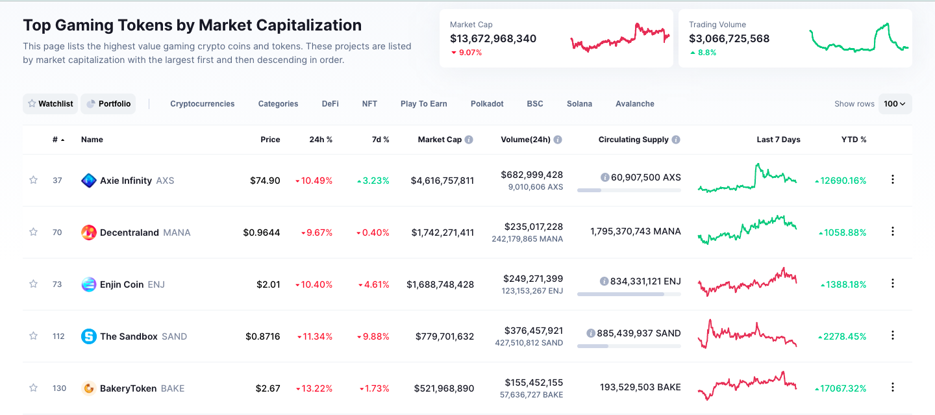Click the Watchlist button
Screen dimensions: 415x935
pyautogui.click(x=50, y=104)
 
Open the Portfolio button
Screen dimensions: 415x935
pyautogui.click(x=108, y=104)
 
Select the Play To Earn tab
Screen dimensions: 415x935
pyautogui.click(x=423, y=104)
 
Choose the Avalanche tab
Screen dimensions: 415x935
pyautogui.click(x=634, y=104)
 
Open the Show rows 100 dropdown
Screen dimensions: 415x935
pyautogui.click(x=895, y=104)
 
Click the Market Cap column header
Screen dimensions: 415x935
pyautogui.click(x=440, y=140)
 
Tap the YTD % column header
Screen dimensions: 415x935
pyautogui.click(x=853, y=140)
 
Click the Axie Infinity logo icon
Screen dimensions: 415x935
pyautogui.click(x=89, y=181)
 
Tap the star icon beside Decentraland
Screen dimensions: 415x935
pyautogui.click(x=33, y=232)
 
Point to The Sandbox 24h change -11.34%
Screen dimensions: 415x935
pyautogui.click(x=315, y=336)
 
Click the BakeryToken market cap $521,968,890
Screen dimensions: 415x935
pyautogui.click(x=444, y=388)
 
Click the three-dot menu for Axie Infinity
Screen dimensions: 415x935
pyautogui.click(x=892, y=180)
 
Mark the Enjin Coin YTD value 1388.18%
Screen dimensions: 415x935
pyautogui.click(x=844, y=284)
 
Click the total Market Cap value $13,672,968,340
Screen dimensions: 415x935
pyautogui.click(x=493, y=38)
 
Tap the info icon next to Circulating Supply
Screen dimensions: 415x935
pyautogui.click(x=676, y=140)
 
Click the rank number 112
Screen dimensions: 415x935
pyautogui.click(x=58, y=336)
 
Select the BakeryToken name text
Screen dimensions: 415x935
pyautogui.click(x=128, y=388)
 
